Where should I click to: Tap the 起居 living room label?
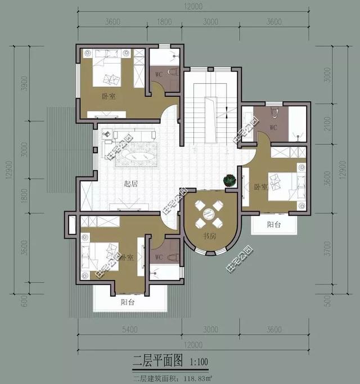pos(131,184)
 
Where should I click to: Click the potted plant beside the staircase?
pos(229,180)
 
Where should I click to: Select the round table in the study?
pos(208,213)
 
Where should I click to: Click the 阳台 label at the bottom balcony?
pos(128,301)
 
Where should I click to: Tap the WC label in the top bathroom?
pos(159,74)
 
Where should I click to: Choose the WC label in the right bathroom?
pos(273,127)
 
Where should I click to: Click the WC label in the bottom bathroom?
pos(159,257)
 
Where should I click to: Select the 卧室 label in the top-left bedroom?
pos(109,96)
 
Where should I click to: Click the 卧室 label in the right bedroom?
pos(260,186)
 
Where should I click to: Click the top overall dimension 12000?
pos(192,6)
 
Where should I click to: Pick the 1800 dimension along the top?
pos(164,22)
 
